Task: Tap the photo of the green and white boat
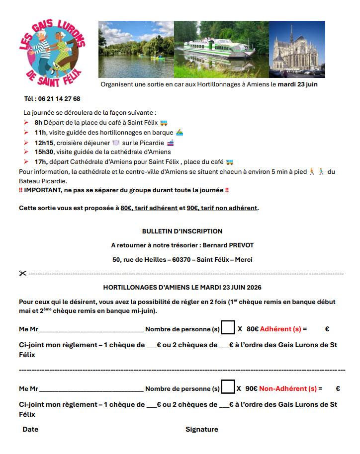(221, 49)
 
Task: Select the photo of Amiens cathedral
(297, 49)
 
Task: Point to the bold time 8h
(38, 123)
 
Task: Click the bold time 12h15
(44, 143)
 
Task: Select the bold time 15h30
(44, 152)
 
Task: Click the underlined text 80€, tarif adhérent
(149, 208)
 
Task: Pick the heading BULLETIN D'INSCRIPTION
(182, 231)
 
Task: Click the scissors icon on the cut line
(23, 273)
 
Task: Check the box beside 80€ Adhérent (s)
(228, 328)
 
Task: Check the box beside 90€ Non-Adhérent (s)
(228, 388)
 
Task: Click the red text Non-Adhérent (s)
(287, 389)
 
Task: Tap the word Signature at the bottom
(201, 430)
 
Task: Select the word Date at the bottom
(30, 430)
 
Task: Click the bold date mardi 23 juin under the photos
(297, 84)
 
